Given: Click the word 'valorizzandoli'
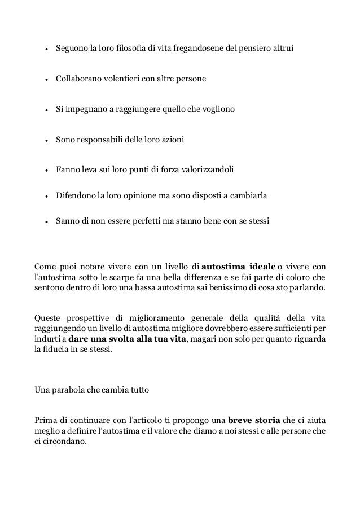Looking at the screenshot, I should pos(206,169).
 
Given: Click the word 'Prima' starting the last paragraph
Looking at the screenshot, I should pos(46,421).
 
